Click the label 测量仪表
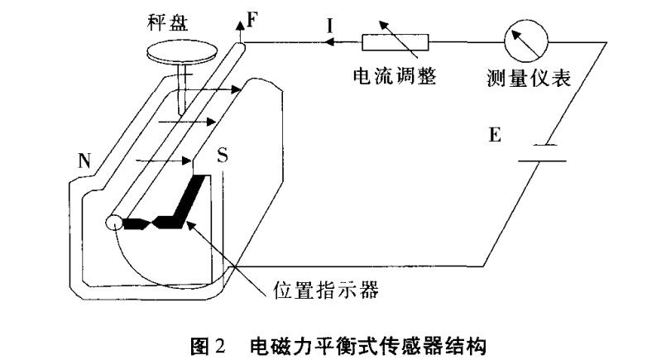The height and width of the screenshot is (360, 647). [x=525, y=79]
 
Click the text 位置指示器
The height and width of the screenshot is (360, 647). [x=325, y=291]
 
